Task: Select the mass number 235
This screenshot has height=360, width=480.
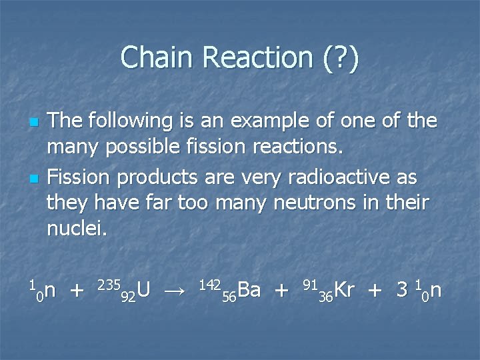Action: pyautogui.click(x=108, y=284)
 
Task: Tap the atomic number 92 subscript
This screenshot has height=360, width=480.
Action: pyautogui.click(x=129, y=296)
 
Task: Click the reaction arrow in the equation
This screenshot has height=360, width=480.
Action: pyautogui.click(x=175, y=290)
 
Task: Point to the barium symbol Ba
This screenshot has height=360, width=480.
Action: pyautogui.click(x=249, y=289)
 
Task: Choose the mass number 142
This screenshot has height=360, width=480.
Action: pyautogui.click(x=210, y=284)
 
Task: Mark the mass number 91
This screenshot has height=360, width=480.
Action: pyautogui.click(x=309, y=284)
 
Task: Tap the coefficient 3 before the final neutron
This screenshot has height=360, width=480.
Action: pyautogui.click(x=402, y=289)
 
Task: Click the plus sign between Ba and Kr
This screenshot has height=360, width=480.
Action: pyautogui.click(x=282, y=291)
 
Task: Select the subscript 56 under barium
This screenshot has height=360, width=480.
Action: pyautogui.click(x=229, y=296)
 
